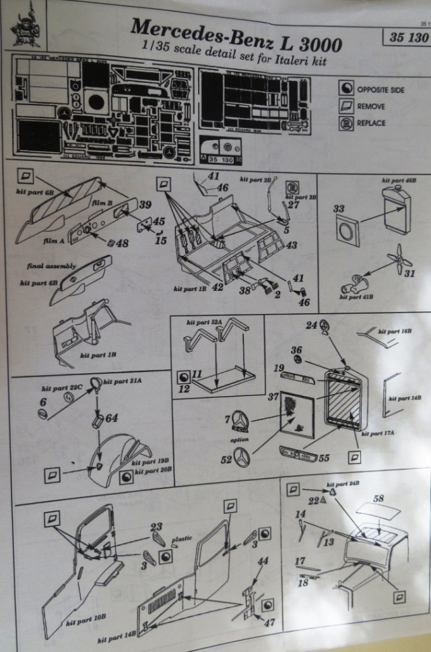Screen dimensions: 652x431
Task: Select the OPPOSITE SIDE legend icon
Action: [346, 89]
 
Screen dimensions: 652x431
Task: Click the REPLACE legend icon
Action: [346, 123]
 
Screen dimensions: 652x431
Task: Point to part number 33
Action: [339, 209]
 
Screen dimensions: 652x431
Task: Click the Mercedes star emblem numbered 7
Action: [242, 422]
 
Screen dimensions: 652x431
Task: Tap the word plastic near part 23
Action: [177, 540]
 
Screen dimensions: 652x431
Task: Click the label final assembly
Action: [52, 266]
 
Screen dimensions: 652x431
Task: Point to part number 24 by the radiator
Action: [311, 326]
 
